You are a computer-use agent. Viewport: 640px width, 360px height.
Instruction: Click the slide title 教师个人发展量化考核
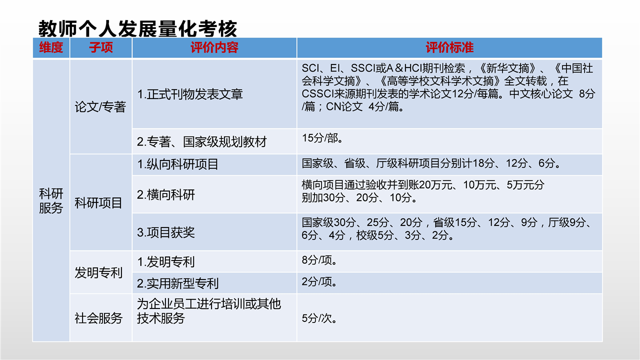pos(137,28)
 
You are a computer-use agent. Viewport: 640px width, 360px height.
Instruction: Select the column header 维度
pos(51,47)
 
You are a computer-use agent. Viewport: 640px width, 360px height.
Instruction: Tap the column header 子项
pos(101,47)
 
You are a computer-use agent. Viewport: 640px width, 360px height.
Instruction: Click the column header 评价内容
pos(214,47)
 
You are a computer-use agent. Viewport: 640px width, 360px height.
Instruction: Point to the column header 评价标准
pos(449,47)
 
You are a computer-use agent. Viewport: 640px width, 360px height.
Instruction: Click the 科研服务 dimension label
pos(51,200)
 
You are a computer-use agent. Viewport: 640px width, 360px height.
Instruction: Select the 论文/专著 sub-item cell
pos(100,107)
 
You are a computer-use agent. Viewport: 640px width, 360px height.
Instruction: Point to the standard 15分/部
pos(322,138)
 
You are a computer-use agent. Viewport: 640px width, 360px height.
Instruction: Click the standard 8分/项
pos(319,260)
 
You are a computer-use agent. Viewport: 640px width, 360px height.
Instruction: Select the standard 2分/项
pos(319,282)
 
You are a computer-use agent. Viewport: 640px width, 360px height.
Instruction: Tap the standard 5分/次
pos(319,318)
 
